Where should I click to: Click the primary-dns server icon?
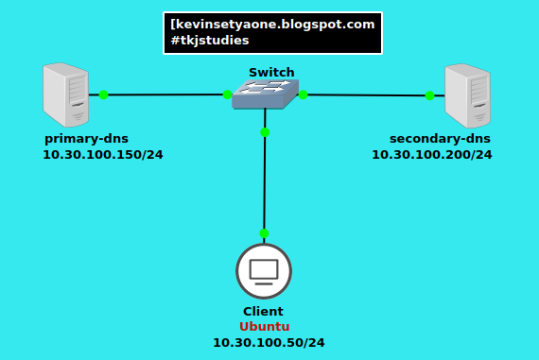65,94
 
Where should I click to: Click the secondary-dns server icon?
468,95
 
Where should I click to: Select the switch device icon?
265,94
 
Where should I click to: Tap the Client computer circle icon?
264,271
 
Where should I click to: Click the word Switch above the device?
271,73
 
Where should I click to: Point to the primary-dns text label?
86,138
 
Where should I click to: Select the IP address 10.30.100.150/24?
102,154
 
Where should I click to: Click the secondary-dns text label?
440,138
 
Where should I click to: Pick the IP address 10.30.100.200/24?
431,154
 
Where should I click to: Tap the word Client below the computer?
263,311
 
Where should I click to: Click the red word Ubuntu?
264,327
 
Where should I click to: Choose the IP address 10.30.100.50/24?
269,342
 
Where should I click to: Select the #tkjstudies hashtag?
210,41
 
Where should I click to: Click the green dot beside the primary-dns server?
103,94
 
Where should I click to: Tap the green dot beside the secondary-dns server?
429,95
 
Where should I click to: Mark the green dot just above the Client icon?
264,233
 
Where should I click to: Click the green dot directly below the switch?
265,132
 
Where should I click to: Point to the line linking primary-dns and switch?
165,94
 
